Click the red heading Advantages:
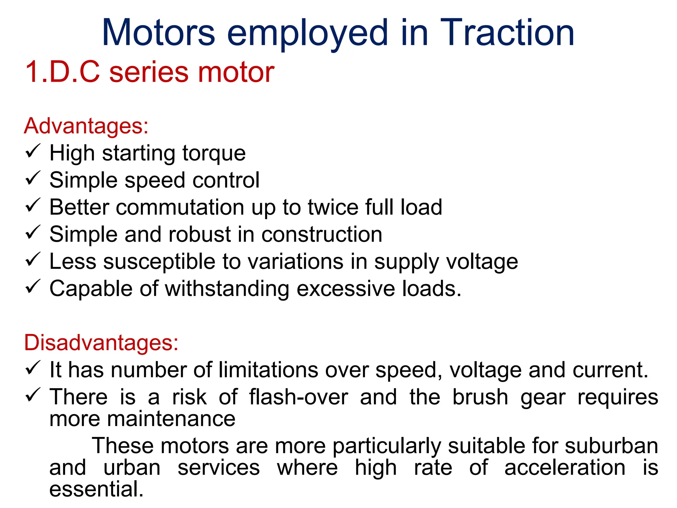coord(86,126)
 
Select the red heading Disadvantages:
coord(101,342)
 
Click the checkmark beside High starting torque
coord(33,151)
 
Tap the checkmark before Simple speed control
coord(33,178)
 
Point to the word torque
coord(214,153)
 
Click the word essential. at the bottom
coord(97,489)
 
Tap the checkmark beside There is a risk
coord(33,395)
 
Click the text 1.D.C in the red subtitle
coord(62,72)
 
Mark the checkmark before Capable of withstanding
coord(33,286)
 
